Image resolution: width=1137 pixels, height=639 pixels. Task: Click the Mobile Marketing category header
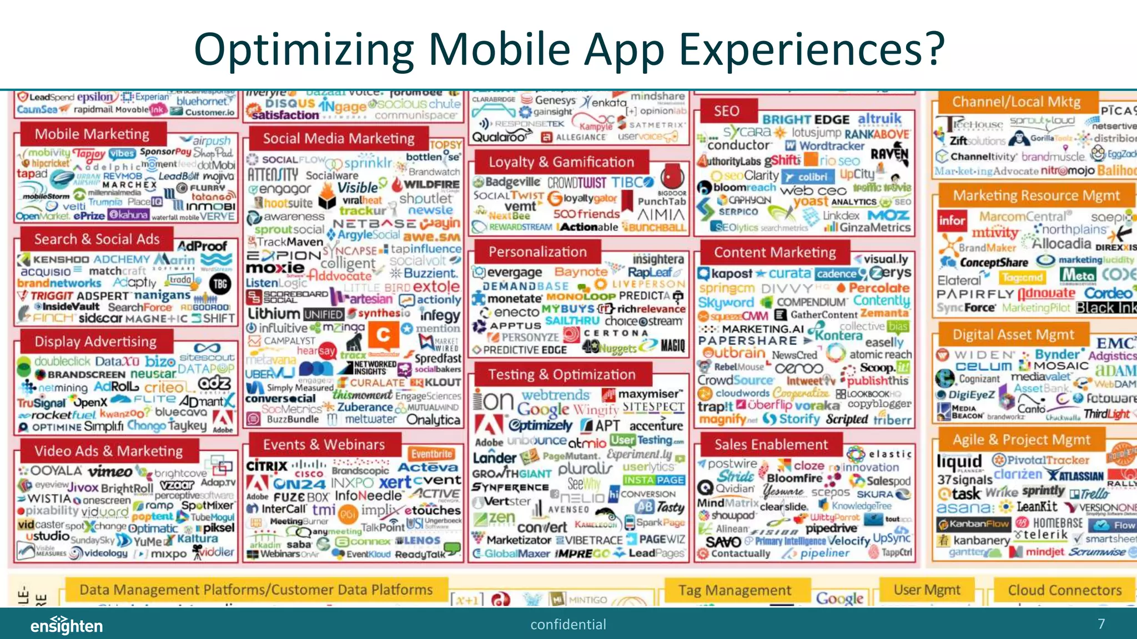click(92, 134)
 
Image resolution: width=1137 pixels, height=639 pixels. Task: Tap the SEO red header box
click(726, 111)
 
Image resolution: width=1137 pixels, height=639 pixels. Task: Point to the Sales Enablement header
click(771, 444)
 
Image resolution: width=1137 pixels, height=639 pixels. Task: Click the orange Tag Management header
click(734, 590)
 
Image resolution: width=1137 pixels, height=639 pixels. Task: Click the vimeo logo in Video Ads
click(110, 472)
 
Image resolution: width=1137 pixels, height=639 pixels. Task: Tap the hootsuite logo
click(285, 203)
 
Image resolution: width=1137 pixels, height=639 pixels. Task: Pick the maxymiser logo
click(644, 394)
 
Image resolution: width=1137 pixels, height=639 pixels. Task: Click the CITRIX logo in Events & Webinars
click(266, 466)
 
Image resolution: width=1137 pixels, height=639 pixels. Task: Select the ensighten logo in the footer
click(67, 626)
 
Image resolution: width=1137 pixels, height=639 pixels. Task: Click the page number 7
click(1101, 624)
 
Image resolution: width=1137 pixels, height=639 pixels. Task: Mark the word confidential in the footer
click(568, 625)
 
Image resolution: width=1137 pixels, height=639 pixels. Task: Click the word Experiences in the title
click(812, 50)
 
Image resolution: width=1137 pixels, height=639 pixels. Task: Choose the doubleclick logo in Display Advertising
click(56, 362)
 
